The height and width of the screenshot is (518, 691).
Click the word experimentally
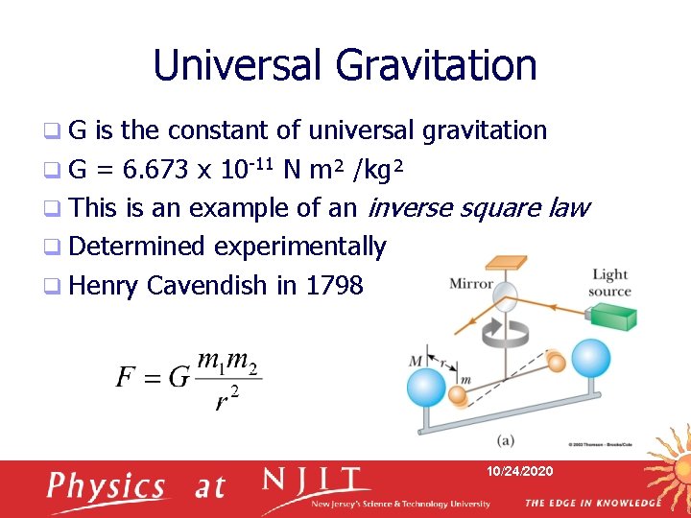299,247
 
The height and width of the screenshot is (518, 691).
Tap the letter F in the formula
127,376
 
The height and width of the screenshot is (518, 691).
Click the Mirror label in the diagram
470,283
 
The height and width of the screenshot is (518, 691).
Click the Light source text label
610,283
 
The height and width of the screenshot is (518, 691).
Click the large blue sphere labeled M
424,388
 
